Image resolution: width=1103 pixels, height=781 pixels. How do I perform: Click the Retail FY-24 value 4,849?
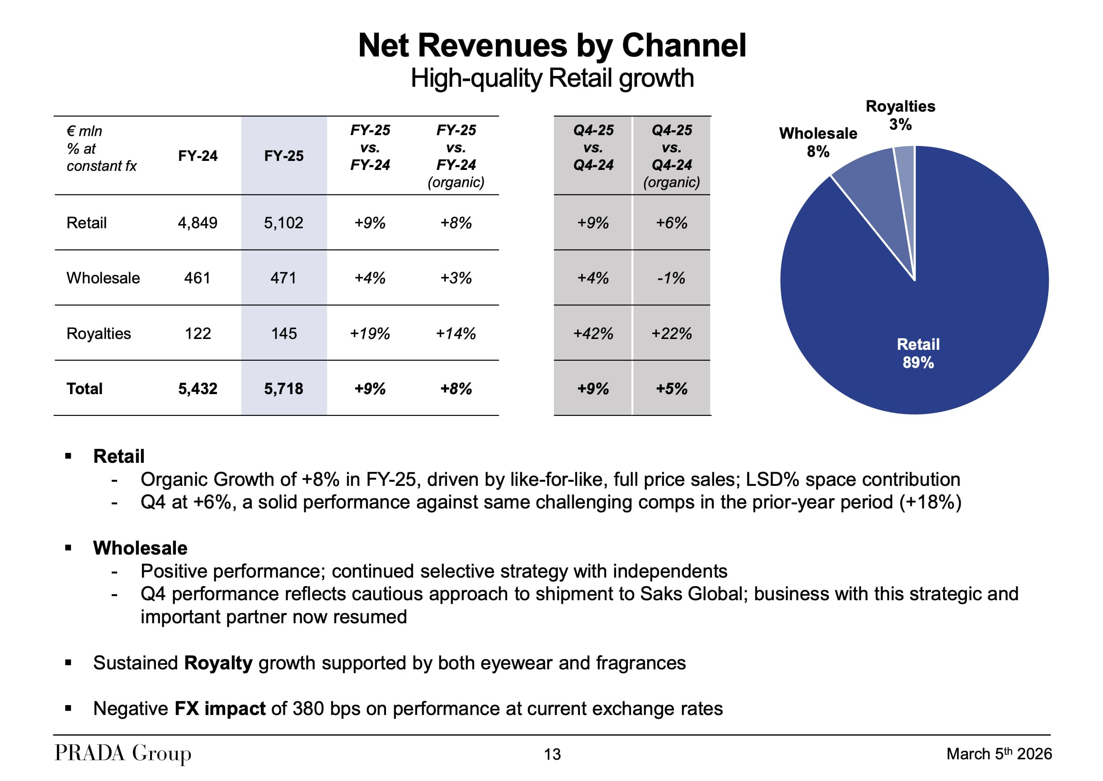click(x=197, y=223)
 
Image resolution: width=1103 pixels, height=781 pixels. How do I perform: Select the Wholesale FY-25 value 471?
click(x=283, y=278)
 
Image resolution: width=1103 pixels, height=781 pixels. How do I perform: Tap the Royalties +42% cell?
click(x=593, y=333)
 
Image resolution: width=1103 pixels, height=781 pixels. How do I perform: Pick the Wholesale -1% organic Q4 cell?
click(x=671, y=278)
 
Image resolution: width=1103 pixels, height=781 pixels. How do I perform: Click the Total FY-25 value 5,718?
click(x=283, y=389)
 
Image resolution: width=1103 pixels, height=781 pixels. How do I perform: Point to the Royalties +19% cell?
click(x=369, y=333)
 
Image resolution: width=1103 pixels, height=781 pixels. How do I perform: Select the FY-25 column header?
click(x=283, y=156)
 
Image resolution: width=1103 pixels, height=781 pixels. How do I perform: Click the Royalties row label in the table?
click(x=99, y=333)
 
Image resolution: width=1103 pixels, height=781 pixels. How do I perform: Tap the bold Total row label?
click(x=85, y=389)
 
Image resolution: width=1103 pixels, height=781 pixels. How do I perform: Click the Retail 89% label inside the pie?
click(x=918, y=353)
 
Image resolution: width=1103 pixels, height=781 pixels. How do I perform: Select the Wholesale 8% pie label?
click(x=818, y=142)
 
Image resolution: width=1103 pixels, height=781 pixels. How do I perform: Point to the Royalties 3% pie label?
click(x=900, y=115)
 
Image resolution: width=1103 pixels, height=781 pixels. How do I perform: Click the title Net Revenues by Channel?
click(x=552, y=46)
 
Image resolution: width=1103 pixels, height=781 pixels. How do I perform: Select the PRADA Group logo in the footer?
click(x=123, y=753)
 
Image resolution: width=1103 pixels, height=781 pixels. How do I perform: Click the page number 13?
click(x=552, y=754)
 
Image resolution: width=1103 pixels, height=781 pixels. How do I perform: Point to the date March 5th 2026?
click(x=999, y=753)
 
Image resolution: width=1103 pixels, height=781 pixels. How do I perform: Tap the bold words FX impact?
click(x=220, y=708)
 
